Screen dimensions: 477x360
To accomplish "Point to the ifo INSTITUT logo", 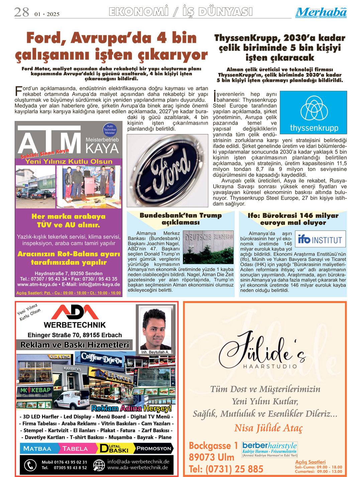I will tap(321, 240).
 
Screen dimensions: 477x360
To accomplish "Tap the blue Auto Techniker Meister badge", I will tap(110, 130).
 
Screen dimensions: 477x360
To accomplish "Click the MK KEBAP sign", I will tap(36, 390).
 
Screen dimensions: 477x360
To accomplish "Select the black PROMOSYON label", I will tap(154, 449).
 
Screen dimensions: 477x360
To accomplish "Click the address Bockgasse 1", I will tap(213, 446).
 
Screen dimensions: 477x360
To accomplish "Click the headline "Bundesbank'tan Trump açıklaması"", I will tap(181, 219).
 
